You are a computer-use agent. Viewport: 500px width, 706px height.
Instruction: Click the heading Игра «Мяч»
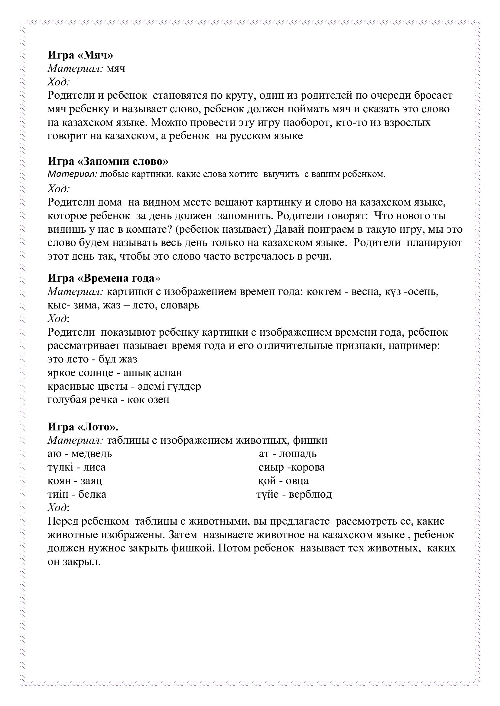click(80, 55)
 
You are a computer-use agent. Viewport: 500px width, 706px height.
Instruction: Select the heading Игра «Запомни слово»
click(108, 161)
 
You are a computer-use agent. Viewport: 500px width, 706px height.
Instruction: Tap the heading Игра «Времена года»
click(104, 278)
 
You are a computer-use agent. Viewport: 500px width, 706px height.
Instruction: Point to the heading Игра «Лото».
click(83, 427)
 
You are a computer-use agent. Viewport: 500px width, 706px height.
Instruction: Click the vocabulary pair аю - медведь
click(80, 454)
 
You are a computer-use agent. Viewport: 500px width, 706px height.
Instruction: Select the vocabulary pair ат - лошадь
click(287, 454)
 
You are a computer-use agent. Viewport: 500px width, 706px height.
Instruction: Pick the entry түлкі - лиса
click(77, 467)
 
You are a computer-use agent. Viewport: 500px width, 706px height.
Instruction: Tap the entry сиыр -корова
click(291, 467)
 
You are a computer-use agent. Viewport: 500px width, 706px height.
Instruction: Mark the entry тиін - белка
click(77, 494)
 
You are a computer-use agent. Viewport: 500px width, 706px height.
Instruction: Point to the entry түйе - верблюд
click(294, 494)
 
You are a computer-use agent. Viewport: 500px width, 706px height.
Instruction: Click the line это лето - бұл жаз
click(93, 359)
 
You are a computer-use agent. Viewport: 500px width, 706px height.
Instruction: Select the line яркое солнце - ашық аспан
click(115, 372)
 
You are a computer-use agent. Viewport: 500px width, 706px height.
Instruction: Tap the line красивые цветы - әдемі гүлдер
click(124, 386)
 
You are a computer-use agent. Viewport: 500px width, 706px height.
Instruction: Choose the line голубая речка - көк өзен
click(109, 399)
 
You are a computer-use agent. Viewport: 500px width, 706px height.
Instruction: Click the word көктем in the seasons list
click(323, 291)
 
